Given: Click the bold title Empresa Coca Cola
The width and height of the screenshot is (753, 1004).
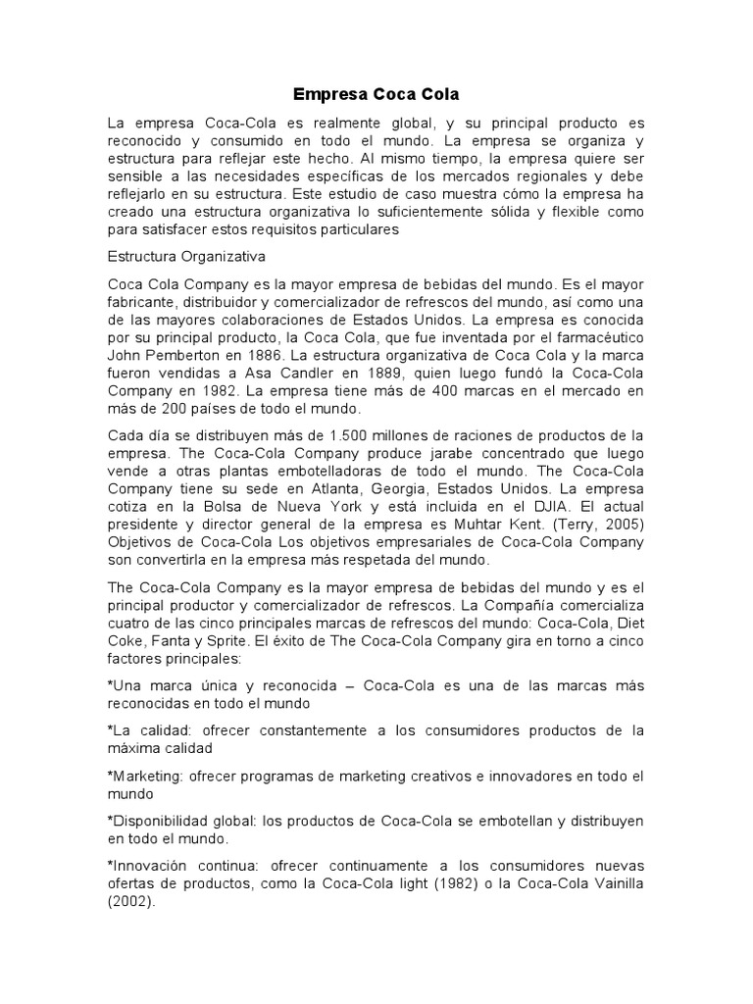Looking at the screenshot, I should coord(376,95).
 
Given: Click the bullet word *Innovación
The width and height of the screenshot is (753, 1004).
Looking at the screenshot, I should coord(154,867).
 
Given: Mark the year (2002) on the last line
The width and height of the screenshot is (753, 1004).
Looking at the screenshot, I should coord(130,903).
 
